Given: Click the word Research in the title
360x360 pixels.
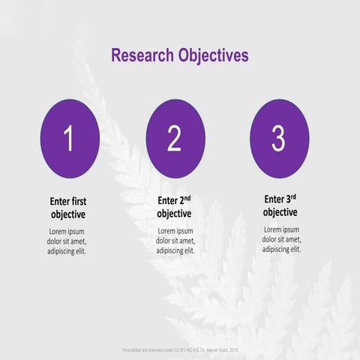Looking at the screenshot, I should click(142, 55).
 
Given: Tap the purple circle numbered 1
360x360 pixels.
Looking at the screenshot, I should click(69, 138).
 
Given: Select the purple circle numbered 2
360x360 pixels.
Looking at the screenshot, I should click(175, 138).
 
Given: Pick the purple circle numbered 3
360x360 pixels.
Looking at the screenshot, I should click(278, 138).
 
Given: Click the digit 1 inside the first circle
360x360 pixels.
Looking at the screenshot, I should click(69, 139).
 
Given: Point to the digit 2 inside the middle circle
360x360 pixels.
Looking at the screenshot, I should click(175, 139).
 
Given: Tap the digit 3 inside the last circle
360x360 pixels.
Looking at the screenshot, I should click(278, 138).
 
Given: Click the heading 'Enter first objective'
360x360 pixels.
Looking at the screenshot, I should click(68, 208).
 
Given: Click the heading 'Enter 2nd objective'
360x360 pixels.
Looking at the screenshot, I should click(174, 207).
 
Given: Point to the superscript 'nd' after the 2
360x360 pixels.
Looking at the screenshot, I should click(187, 198).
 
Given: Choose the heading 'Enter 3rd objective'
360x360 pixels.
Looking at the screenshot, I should click(280, 205).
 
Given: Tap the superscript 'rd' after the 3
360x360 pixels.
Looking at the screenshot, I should click(293, 196).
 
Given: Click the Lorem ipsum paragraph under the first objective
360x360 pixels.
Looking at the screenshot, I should click(68, 241).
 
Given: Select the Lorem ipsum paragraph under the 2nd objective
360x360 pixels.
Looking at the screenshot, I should click(175, 241).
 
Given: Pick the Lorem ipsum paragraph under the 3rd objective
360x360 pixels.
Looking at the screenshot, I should click(281, 239).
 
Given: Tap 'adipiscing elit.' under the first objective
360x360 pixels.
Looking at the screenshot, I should click(68, 251).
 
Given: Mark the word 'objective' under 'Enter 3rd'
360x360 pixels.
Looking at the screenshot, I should click(280, 212).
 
